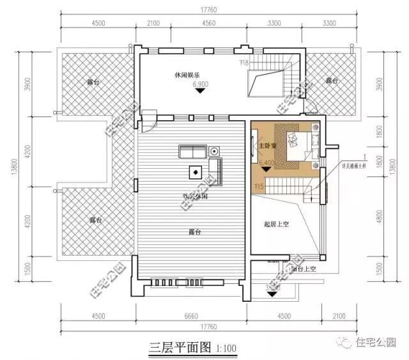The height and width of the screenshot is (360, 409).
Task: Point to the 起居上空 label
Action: pos(277,224)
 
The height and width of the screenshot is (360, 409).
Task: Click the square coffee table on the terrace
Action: pos(193,171)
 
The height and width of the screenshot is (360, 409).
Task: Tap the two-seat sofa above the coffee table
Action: pos(191,152)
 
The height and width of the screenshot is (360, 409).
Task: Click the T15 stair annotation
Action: pos(259,186)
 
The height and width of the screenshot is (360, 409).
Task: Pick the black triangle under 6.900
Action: pos(201,91)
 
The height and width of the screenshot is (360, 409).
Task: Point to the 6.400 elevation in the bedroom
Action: pos(268,164)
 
